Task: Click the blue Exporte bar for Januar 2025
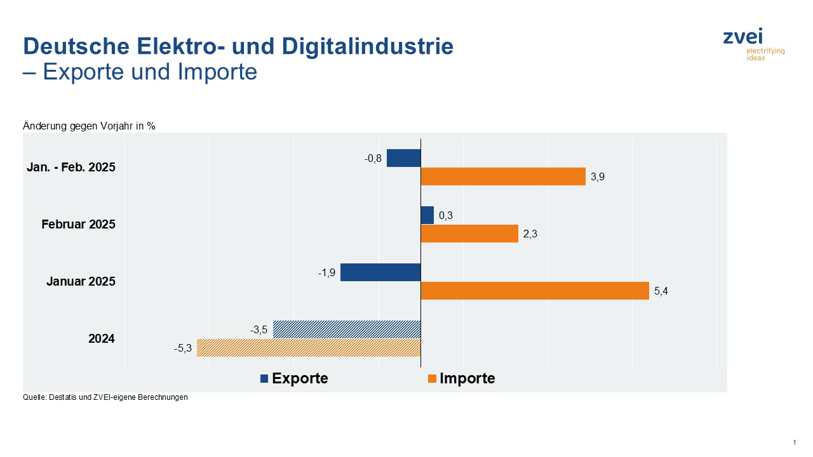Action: (380, 272)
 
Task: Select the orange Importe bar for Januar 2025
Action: (535, 291)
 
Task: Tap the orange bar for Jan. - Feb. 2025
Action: (503, 177)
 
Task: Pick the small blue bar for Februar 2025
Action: (427, 215)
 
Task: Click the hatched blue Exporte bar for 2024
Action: (347, 329)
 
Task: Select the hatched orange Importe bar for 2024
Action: (309, 348)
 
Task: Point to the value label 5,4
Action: (661, 292)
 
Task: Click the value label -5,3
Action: (182, 348)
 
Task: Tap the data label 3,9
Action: (597, 178)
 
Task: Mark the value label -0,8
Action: (373, 159)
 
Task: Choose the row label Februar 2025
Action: (78, 225)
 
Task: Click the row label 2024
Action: (101, 339)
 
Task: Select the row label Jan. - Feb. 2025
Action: (71, 168)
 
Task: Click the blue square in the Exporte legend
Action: (264, 379)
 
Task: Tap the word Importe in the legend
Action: (467, 379)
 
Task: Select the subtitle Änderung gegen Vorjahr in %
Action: (89, 126)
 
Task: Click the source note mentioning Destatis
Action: (105, 397)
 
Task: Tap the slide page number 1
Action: (795, 442)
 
